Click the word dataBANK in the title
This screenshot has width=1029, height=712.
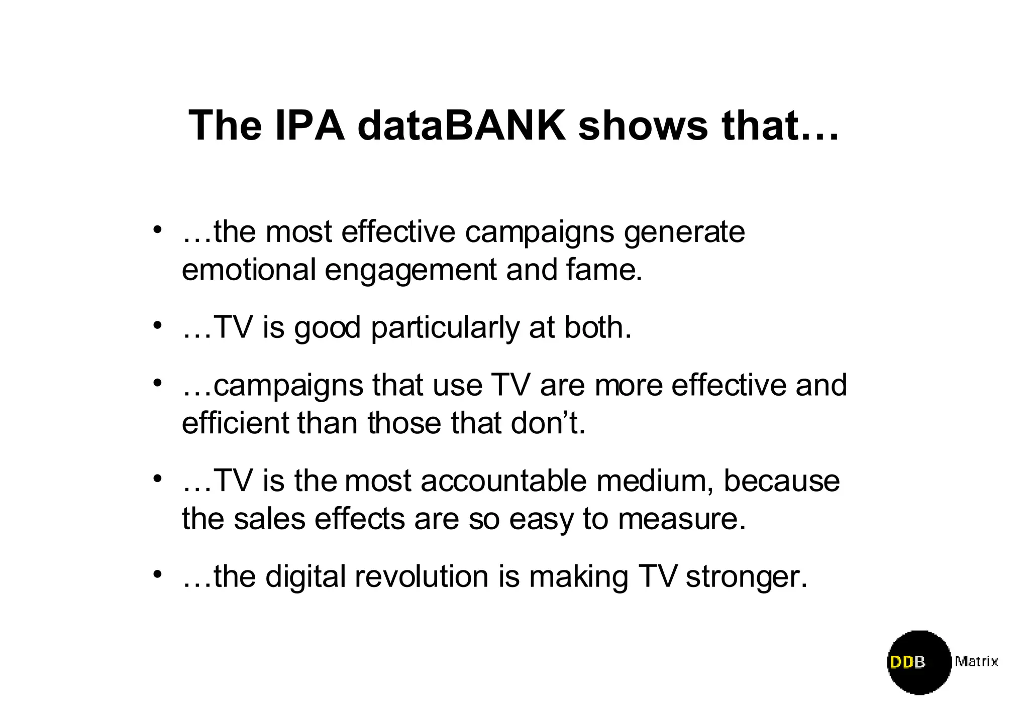[x=461, y=125]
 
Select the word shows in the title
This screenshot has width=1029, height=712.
[x=643, y=125]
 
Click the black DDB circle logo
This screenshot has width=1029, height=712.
[x=919, y=662]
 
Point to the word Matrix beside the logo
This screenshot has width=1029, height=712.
[x=976, y=661]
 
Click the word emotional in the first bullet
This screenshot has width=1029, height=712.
[x=249, y=270]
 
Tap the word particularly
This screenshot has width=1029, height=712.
[x=445, y=328]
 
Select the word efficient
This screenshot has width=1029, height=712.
[x=235, y=423]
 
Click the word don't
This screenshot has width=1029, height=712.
[x=548, y=423]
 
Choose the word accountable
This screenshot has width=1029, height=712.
[x=503, y=481]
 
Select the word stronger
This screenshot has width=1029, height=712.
[x=746, y=577]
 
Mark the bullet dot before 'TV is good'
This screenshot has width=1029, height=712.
[x=158, y=326]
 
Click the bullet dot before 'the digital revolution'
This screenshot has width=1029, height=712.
[x=158, y=574]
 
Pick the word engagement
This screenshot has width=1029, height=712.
[x=410, y=271]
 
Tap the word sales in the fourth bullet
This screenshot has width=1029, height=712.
[x=269, y=519]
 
